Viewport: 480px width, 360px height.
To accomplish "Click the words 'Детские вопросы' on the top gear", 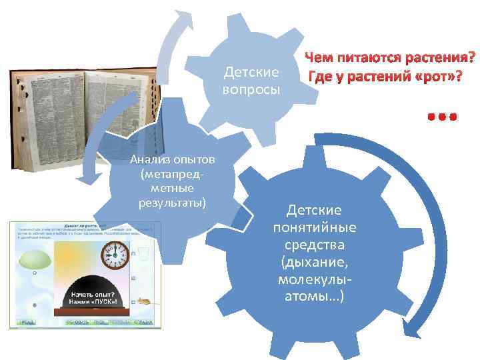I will [x=251, y=80].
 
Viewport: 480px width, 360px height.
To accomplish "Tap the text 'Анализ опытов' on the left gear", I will [x=172, y=159].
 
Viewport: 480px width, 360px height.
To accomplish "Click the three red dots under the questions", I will [x=442, y=116].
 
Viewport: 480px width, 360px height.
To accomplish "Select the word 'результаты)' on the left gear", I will [x=172, y=201].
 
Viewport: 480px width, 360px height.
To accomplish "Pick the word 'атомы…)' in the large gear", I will [x=314, y=295].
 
